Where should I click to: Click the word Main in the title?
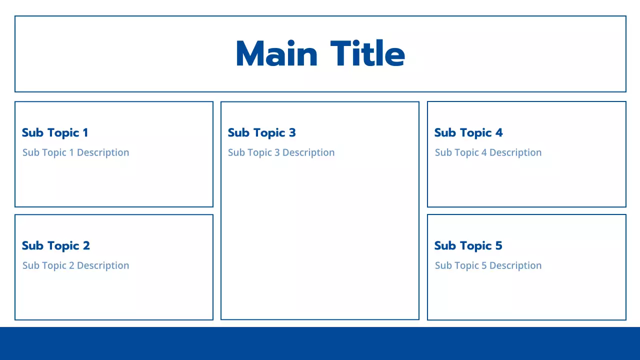coord(276,54)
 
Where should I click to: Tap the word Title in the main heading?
coord(367,54)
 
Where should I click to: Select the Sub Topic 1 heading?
coord(55,132)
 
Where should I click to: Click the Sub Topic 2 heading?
coord(56,245)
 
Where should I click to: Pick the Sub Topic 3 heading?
coord(261,132)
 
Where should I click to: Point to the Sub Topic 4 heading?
coord(468,132)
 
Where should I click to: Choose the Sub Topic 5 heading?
coord(468,245)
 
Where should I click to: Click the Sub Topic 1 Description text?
coord(75,152)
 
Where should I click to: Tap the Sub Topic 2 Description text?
coord(75,265)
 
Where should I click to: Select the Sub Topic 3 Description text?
coord(281,152)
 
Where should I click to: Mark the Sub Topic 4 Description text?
coord(488,152)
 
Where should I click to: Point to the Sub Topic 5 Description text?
coord(488,265)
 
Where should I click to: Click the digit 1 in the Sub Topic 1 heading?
coord(85,132)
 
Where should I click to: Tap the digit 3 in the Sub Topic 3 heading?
coord(292,132)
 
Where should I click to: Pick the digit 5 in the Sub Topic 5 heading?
coord(498,245)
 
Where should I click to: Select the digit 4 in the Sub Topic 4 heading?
coord(498,132)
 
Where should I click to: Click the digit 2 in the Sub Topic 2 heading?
coord(86,245)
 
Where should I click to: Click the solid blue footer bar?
coord(320,343)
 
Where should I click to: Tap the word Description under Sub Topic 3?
coord(308,152)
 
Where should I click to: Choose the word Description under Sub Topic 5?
coord(515,265)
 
